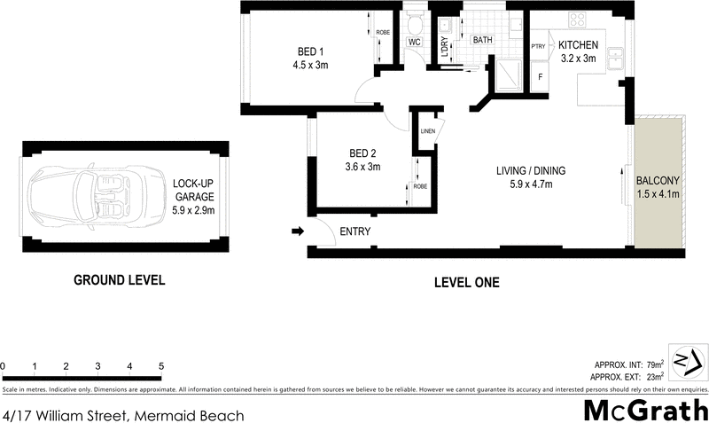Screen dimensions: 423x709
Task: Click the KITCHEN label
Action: tap(578, 45)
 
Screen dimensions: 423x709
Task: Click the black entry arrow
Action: tap(296, 232)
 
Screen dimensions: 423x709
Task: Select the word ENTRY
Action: tap(354, 232)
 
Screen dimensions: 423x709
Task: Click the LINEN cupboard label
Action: tap(427, 131)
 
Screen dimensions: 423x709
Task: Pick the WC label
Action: tap(414, 42)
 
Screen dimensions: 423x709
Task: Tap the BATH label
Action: tap(481, 41)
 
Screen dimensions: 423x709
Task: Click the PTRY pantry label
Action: tap(537, 46)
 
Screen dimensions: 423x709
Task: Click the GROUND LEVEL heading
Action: tap(119, 280)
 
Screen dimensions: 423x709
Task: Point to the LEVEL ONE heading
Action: tap(466, 283)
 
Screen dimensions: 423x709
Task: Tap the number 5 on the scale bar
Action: tap(161, 366)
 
